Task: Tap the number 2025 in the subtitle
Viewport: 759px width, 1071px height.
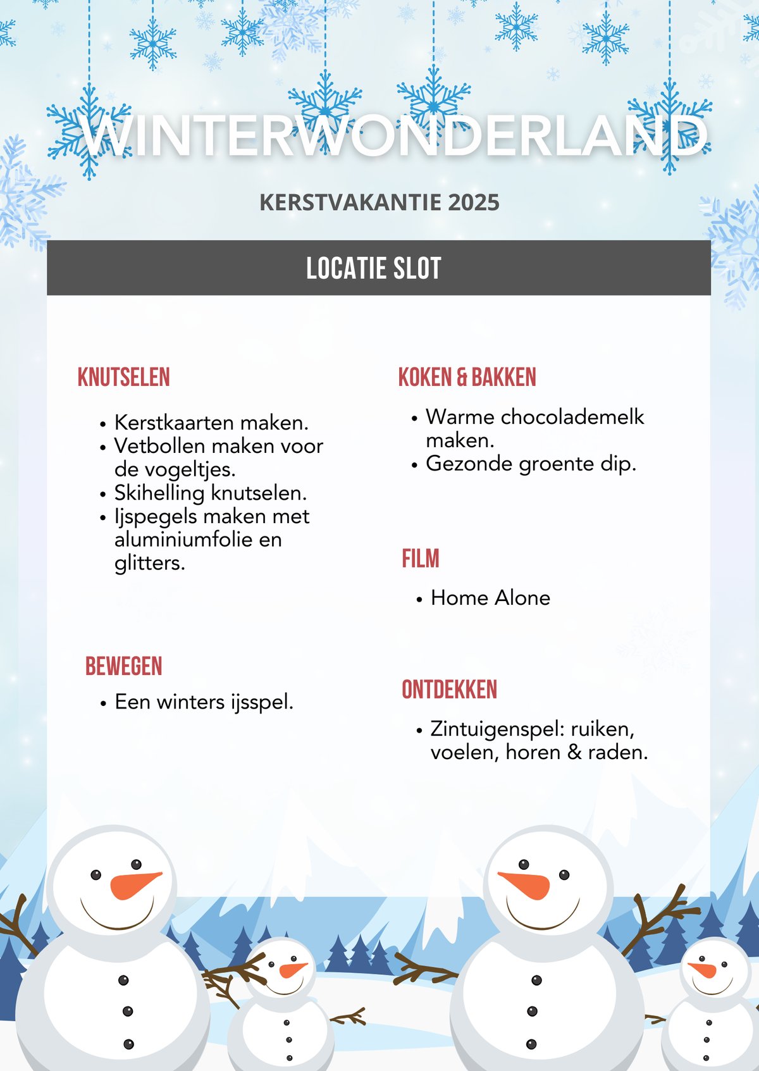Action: pyautogui.click(x=474, y=202)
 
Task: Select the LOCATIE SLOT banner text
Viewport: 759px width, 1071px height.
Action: pyautogui.click(x=373, y=268)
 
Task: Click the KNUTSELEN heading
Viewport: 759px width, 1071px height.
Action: pyautogui.click(x=124, y=378)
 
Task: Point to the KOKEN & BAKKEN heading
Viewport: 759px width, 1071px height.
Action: pyautogui.click(x=467, y=378)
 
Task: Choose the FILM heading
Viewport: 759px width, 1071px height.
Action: pyautogui.click(x=421, y=559)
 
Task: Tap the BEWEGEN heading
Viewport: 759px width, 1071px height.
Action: pyautogui.click(x=124, y=667)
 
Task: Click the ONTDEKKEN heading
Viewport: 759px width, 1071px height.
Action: pyautogui.click(x=450, y=690)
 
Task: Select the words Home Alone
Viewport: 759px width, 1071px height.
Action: pyautogui.click(x=490, y=598)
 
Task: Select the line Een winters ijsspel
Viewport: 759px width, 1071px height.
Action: pyautogui.click(x=204, y=702)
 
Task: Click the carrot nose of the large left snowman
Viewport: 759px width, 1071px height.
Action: pyautogui.click(x=133, y=885)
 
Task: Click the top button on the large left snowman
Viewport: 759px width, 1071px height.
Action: pyautogui.click(x=123, y=981)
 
